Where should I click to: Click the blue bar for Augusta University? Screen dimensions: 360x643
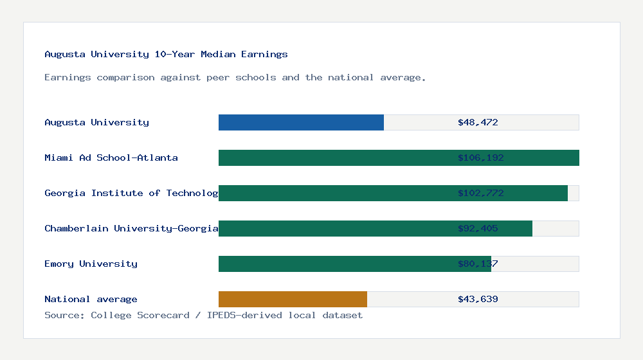click(x=301, y=122)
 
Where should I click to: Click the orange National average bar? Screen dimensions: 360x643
click(x=293, y=299)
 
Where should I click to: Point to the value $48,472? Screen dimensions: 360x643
click(x=478, y=122)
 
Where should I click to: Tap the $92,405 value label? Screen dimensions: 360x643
click(x=478, y=228)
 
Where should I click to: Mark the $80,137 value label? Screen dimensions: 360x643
click(x=478, y=264)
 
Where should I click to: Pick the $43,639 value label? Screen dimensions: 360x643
click(x=478, y=299)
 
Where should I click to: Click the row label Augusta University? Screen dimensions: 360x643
click(x=96, y=122)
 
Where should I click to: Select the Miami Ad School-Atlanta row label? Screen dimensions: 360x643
click(x=111, y=157)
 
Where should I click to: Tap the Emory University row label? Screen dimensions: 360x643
click(x=91, y=264)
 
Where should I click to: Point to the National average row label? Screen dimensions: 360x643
click(x=91, y=299)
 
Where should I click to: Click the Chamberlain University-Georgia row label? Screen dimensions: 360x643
click(x=131, y=228)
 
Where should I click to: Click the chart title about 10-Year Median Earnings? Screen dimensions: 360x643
click(x=166, y=54)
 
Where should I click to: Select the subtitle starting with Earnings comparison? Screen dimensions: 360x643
click(x=235, y=77)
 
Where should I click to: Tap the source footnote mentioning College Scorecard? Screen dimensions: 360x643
click(x=203, y=315)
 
